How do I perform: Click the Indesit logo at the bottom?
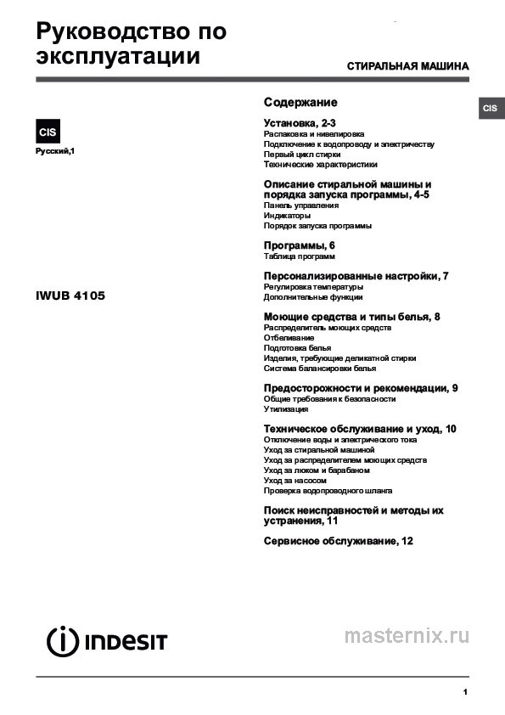click(x=102, y=640)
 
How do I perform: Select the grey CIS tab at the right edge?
click(x=491, y=109)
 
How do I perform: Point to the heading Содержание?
click(x=300, y=102)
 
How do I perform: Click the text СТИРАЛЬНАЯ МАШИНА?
click(x=407, y=66)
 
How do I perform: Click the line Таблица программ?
click(x=300, y=256)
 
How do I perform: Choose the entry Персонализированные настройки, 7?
click(x=356, y=277)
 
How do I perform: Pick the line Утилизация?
click(x=287, y=409)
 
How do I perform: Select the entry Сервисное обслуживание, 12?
click(x=338, y=541)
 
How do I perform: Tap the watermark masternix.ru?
click(x=407, y=636)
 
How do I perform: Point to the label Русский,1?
click(x=55, y=151)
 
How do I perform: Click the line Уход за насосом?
click(x=295, y=481)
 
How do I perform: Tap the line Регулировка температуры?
click(x=313, y=287)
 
